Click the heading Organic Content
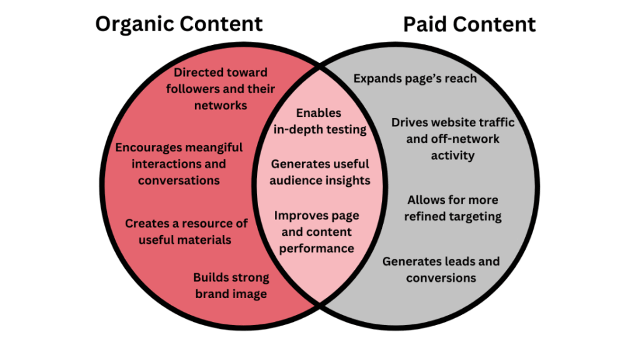click(x=179, y=24)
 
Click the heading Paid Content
click(x=469, y=24)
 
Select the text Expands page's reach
click(x=415, y=79)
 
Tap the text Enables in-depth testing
click(x=319, y=121)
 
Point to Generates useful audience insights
click(x=320, y=172)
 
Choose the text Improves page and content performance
click(x=317, y=232)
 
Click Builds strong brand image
click(x=231, y=286)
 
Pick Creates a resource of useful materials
click(x=186, y=231)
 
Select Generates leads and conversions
click(x=441, y=269)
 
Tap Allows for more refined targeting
click(x=452, y=208)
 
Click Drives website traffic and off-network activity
click(x=452, y=139)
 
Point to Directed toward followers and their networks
click(x=220, y=89)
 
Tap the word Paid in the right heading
click(x=425, y=24)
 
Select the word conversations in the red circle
click(x=179, y=181)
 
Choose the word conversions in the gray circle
click(x=441, y=278)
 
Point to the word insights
click(x=347, y=181)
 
